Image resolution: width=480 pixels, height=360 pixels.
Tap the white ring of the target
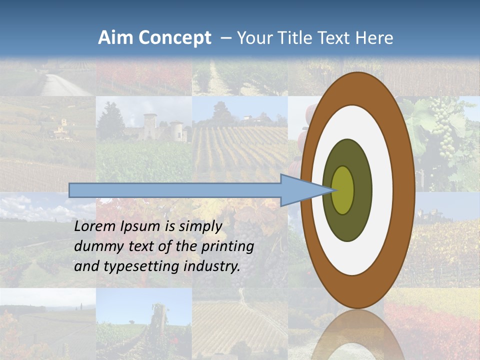click(x=382, y=190)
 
